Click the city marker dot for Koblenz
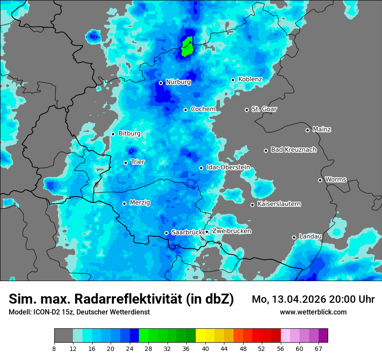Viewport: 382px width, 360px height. (233, 80)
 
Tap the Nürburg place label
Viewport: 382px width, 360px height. (178, 82)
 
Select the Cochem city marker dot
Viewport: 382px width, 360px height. (185, 110)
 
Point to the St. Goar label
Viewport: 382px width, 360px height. (264, 109)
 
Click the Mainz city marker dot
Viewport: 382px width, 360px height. (307, 130)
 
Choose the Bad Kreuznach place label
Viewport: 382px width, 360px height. (293, 150)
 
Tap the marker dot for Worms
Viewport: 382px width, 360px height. (320, 180)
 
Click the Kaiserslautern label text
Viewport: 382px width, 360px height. (279, 204)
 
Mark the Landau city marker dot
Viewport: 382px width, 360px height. (294, 237)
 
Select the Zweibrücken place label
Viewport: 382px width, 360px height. (231, 231)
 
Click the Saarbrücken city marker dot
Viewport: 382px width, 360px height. (166, 233)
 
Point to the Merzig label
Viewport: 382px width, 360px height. (140, 203)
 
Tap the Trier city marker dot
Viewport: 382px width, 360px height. (126, 163)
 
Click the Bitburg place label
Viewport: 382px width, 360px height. (129, 134)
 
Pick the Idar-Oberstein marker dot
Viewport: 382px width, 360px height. (201, 168)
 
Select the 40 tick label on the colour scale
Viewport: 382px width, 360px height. (205, 348)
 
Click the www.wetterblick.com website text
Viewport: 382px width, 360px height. (313, 312)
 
